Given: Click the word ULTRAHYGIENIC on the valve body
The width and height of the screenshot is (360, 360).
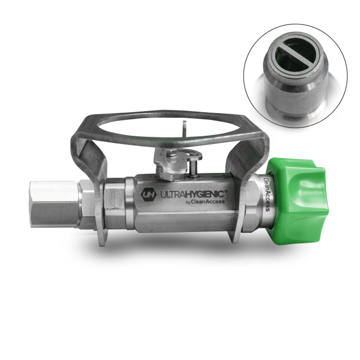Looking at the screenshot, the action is coord(192,194).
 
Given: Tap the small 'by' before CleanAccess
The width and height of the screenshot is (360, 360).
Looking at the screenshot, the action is coord(188,202).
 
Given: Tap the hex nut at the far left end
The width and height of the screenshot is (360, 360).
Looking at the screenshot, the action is coord(54,204).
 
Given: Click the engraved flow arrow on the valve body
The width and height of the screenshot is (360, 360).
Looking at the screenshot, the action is coord(221,177).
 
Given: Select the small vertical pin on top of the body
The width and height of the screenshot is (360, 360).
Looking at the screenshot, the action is coord(193,169).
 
